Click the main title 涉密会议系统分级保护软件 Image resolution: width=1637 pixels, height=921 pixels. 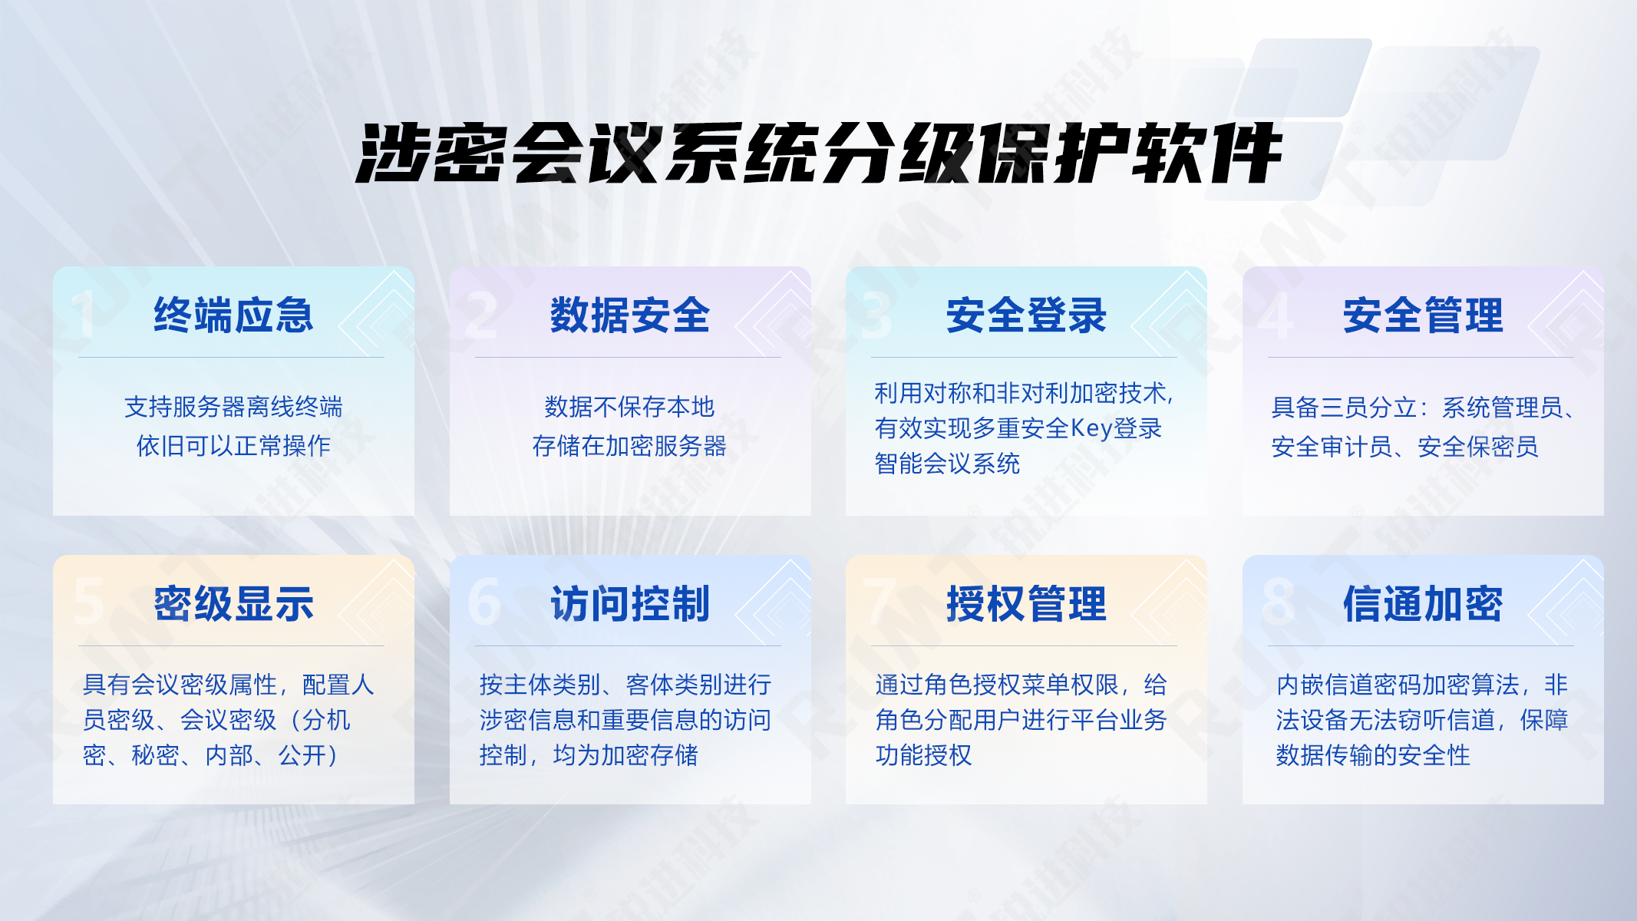pos(818,153)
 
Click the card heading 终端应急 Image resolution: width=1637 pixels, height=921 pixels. pos(234,315)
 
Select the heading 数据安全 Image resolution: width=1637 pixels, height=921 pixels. pos(630,315)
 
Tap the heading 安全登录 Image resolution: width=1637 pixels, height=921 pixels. pos(1026,315)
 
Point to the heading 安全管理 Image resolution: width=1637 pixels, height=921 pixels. pos(1423,315)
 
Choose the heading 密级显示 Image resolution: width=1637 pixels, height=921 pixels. pos(234,603)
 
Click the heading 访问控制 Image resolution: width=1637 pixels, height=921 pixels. pos(630,603)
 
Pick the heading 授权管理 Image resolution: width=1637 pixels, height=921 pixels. pos(1026,603)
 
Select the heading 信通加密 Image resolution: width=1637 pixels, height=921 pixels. pos(1423,603)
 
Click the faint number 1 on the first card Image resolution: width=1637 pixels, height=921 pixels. pos(83,314)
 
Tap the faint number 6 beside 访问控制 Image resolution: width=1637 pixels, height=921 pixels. pos(484,602)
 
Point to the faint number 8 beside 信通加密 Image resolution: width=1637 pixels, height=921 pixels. pos(1278,602)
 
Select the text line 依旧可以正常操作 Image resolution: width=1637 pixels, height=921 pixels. pos(233,446)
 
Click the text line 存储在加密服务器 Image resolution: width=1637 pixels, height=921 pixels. pos(629,446)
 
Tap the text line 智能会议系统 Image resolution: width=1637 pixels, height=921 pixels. pos(947,464)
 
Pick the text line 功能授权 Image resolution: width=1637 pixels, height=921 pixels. pos(923,755)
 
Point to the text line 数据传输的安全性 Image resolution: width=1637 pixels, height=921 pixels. pos(1373,755)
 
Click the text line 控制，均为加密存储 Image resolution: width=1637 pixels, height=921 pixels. pos(589,755)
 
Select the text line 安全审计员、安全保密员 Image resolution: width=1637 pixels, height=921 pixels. pos(1404,447)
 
